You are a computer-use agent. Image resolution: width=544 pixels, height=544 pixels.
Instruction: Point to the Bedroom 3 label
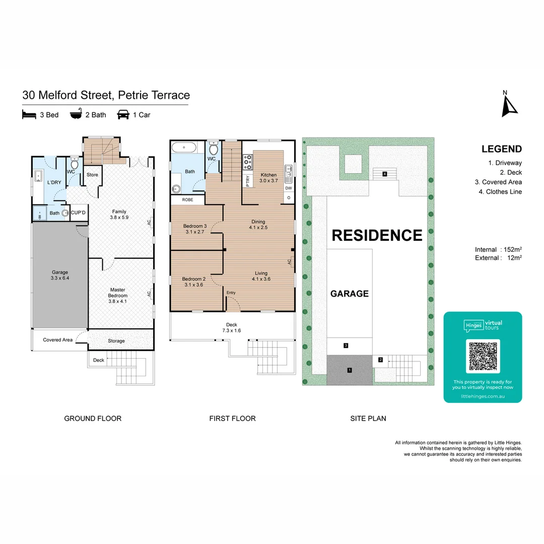[x=194, y=229]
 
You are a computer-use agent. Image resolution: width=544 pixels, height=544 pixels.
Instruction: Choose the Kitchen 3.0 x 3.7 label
[x=268, y=178]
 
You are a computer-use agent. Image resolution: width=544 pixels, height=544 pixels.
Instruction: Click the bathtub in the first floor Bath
[x=184, y=148]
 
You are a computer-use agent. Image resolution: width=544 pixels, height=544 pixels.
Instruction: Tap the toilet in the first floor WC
[x=213, y=149]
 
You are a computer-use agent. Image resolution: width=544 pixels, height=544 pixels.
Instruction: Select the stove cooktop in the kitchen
[x=248, y=163]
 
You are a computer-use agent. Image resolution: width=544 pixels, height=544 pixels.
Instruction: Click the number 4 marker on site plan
[x=384, y=174]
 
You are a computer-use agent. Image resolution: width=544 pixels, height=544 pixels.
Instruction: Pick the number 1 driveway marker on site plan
[x=349, y=370]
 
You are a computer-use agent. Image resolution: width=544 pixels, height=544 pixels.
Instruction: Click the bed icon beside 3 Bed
[x=29, y=115]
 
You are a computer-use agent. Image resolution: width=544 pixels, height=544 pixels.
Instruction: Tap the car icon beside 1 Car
[x=122, y=115]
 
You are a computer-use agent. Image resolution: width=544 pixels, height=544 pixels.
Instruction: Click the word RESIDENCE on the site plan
[x=376, y=235]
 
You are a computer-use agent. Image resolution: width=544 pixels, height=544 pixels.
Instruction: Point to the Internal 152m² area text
[x=498, y=249]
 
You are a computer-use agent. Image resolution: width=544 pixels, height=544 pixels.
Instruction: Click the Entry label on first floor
[x=231, y=293]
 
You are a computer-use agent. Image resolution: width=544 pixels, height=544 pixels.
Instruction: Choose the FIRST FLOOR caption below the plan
[x=232, y=418]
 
